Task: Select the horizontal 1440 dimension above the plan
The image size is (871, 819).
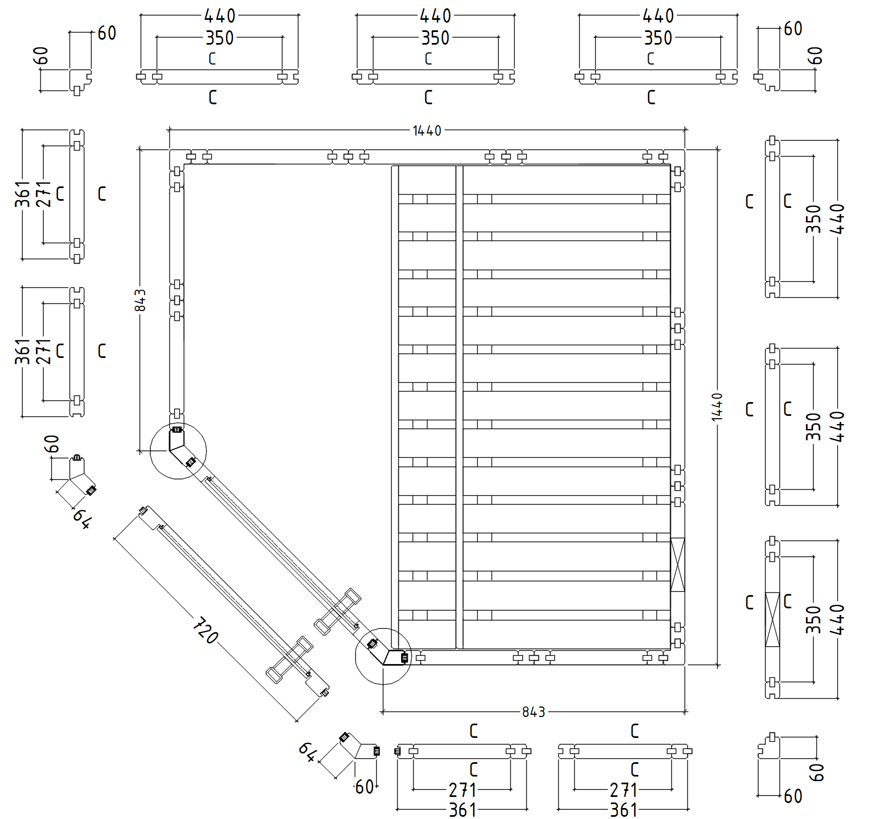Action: [427, 131]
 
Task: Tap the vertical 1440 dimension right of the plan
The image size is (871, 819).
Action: [717, 407]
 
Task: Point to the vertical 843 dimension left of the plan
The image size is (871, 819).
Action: [141, 300]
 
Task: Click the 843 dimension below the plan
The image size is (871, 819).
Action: [533, 712]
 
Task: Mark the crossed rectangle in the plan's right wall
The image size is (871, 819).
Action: [677, 565]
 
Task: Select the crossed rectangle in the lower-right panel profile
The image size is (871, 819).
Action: [772, 619]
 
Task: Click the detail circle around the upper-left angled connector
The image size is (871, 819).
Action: [178, 451]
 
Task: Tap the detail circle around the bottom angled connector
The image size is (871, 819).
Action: [383, 656]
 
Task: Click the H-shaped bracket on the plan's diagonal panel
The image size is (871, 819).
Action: [337, 611]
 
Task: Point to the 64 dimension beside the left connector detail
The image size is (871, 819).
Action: [82, 518]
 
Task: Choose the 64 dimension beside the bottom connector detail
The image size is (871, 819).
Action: [307, 751]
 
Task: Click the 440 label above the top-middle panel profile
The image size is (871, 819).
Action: [435, 16]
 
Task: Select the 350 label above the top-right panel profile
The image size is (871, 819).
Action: [658, 38]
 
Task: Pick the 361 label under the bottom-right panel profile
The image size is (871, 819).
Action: [623, 810]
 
